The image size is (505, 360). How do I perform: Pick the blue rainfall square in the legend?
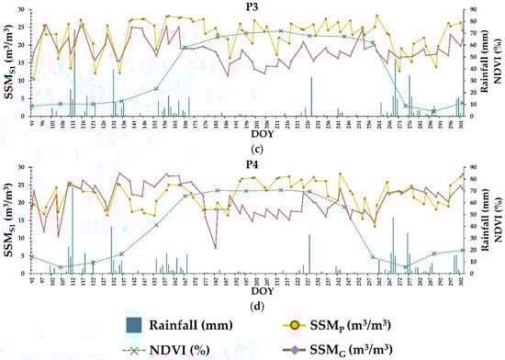click(134, 323)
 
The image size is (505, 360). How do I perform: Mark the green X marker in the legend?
click(134, 348)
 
